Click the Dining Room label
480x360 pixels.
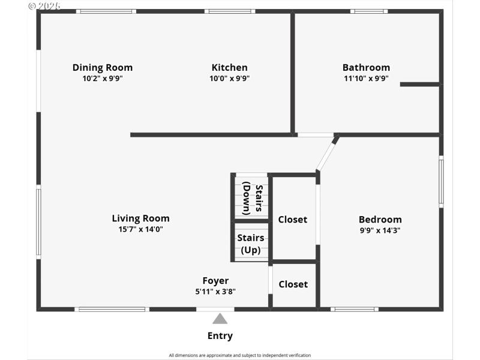tap(103, 68)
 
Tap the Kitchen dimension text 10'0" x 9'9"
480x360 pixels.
tap(229, 79)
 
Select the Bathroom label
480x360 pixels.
tap(366, 68)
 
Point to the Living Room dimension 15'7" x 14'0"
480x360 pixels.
tap(140, 229)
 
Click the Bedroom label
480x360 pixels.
tap(380, 220)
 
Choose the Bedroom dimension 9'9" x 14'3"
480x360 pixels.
tap(380, 230)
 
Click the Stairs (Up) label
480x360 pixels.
tap(251, 244)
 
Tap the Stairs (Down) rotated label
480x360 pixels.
tap(253, 199)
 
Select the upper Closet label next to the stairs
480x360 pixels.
tap(293, 220)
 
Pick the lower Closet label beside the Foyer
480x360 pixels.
tap(293, 284)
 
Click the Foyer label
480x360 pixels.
tap(215, 281)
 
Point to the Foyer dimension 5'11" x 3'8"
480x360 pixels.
tap(215, 292)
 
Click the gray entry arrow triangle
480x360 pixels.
tap(220, 319)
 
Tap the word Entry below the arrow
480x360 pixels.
tap(220, 336)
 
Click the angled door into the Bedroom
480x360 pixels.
tap(327, 154)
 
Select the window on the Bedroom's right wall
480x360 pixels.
tap(441, 181)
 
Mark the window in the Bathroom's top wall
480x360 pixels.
tap(369, 11)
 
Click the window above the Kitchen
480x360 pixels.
tap(229, 11)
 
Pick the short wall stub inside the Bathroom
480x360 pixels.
tap(419, 84)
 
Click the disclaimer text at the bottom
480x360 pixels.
tap(240, 355)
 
